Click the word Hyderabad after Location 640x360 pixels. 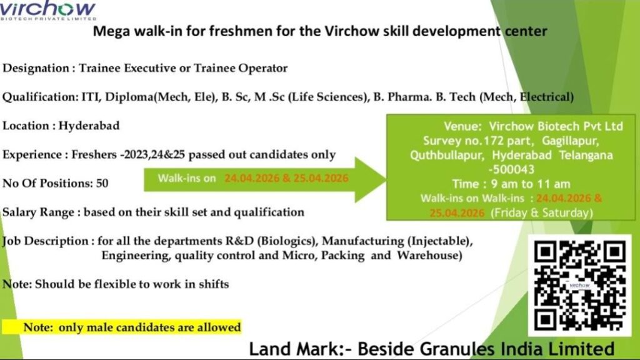(89, 126)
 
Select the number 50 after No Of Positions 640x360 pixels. (102, 183)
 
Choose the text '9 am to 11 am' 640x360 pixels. (529, 184)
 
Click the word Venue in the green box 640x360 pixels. (463, 126)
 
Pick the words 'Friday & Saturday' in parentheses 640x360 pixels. (541, 212)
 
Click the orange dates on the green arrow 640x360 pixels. (287, 178)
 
